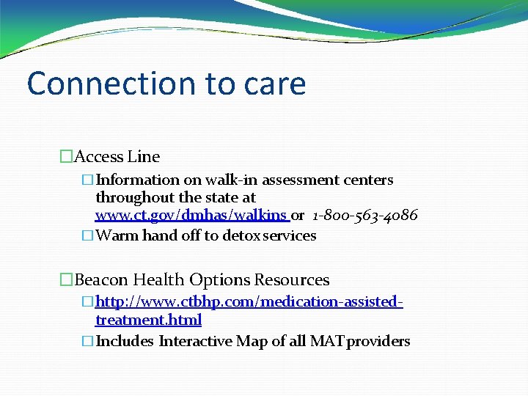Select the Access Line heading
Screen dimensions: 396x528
point(117,156)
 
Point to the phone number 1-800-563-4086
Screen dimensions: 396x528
point(364,215)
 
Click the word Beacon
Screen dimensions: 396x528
point(100,280)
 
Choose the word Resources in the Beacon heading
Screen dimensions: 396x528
point(292,280)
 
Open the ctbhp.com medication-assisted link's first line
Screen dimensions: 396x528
point(249,301)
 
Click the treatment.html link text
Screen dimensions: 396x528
point(148,320)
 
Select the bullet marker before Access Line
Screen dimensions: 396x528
point(67,156)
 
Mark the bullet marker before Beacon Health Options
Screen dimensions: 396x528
point(67,280)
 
